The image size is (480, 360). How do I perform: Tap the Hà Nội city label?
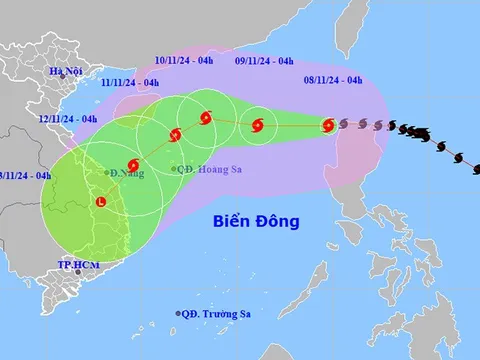tap(62, 71)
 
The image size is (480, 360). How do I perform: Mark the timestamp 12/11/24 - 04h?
tap(66, 119)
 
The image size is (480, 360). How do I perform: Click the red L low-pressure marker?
tap(100, 202)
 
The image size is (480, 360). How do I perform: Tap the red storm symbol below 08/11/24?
tap(328, 125)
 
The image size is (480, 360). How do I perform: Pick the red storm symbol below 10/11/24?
tap(205, 118)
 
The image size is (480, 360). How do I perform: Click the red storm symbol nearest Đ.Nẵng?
tap(133, 165)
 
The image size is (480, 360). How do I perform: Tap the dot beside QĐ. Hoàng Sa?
tap(173, 169)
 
